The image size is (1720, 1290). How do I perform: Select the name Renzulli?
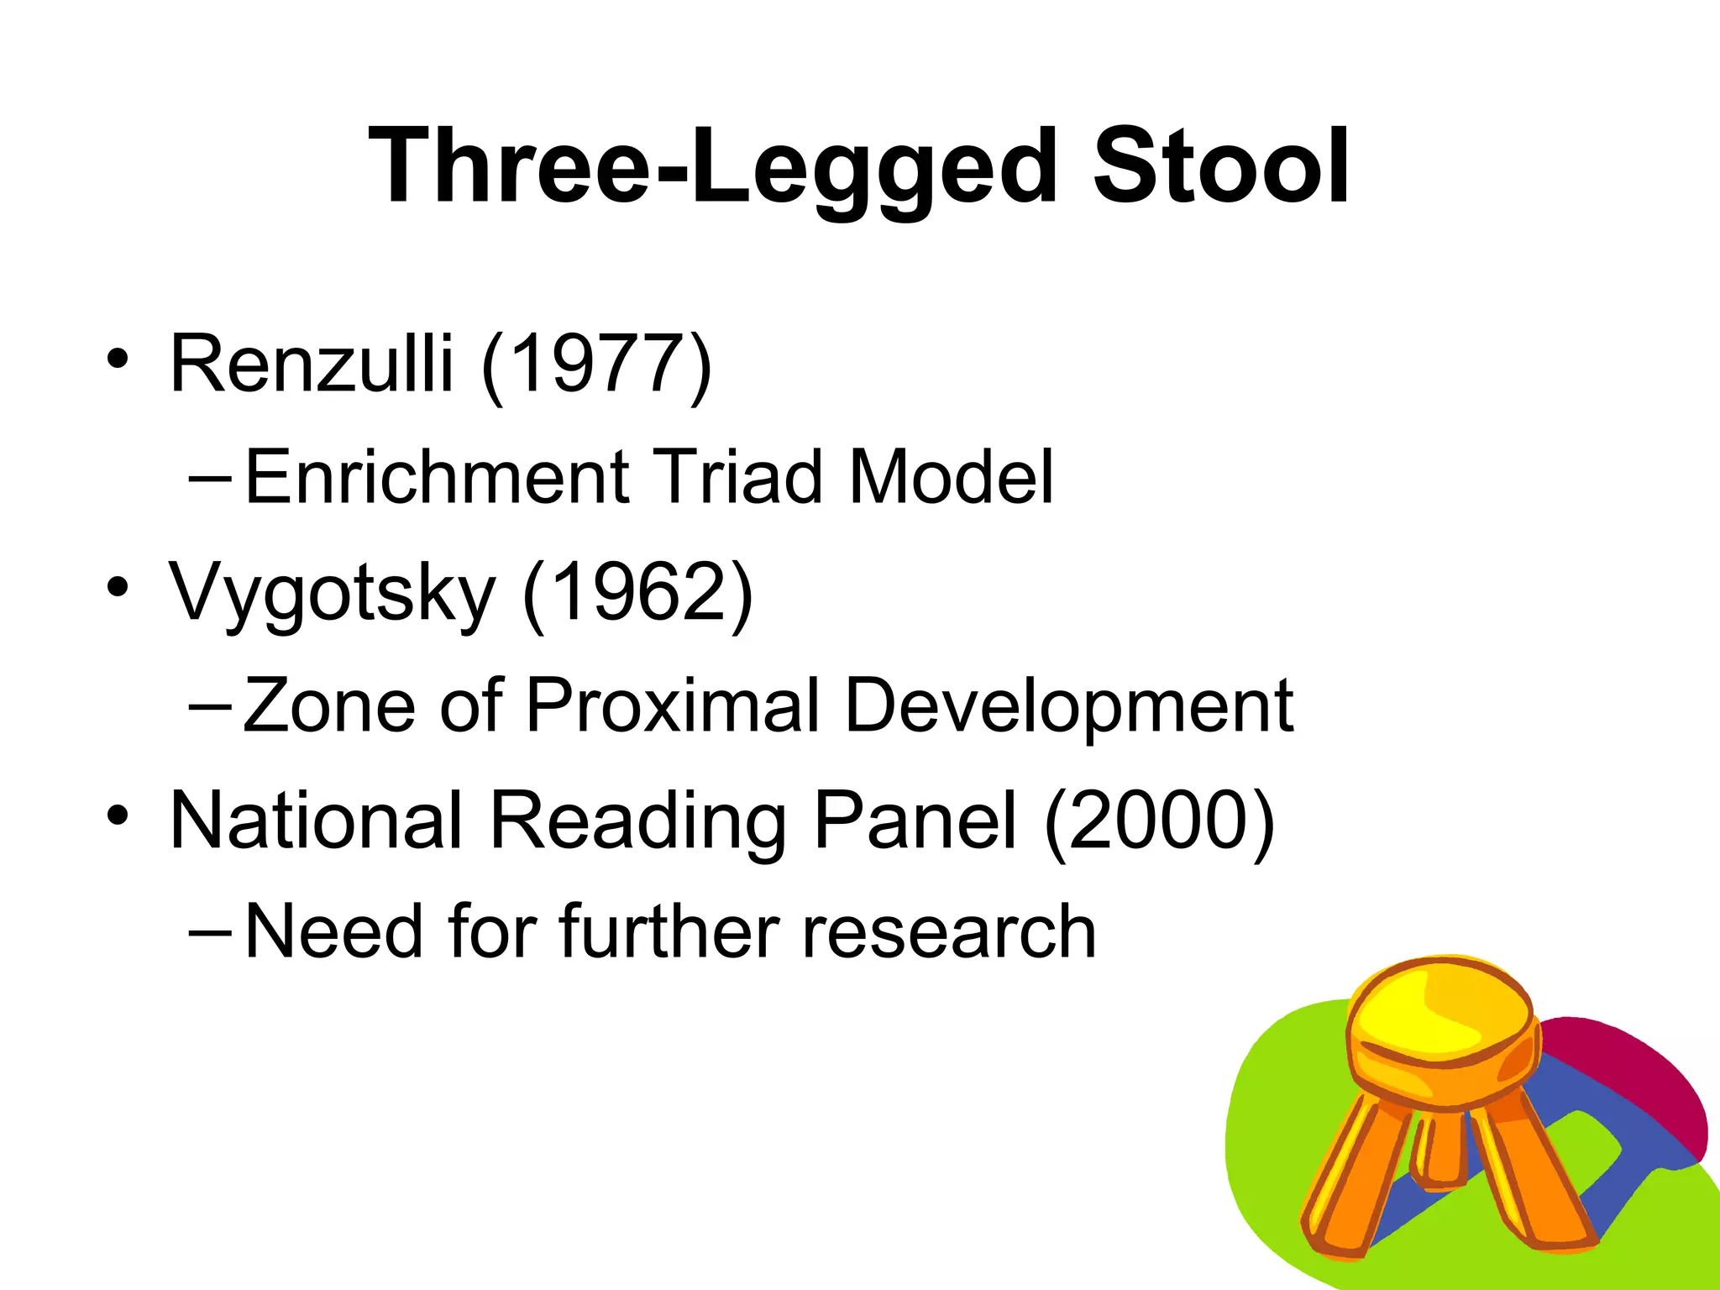click(312, 363)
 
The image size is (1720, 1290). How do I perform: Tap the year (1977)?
click(597, 364)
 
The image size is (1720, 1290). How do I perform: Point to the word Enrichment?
click(437, 477)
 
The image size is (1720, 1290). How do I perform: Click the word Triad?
click(738, 477)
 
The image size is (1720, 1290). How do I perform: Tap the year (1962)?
click(637, 593)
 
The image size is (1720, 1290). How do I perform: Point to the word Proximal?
click(673, 705)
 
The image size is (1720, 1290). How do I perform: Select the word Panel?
click(915, 820)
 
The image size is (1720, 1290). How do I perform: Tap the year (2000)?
click(1160, 821)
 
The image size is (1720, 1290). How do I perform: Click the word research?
click(949, 932)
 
